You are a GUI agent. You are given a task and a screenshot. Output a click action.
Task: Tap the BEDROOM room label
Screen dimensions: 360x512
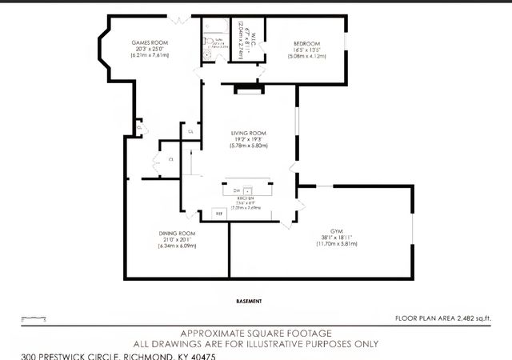pyautogui.click(x=306, y=43)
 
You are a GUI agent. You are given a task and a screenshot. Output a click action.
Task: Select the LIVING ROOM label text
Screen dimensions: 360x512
pyautogui.click(x=248, y=133)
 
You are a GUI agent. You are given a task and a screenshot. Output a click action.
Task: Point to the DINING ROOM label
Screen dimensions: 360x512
pyautogui.click(x=177, y=233)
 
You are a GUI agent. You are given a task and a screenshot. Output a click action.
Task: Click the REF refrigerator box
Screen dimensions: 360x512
pyautogui.click(x=219, y=214)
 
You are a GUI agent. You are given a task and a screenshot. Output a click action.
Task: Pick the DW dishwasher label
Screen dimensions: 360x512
pyautogui.click(x=237, y=191)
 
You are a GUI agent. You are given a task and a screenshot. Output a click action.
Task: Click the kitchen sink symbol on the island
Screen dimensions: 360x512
pyautogui.click(x=249, y=191)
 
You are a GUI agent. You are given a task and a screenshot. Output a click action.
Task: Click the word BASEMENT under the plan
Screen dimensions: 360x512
pyautogui.click(x=250, y=301)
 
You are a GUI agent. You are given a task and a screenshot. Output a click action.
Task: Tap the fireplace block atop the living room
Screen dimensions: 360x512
pyautogui.click(x=248, y=90)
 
